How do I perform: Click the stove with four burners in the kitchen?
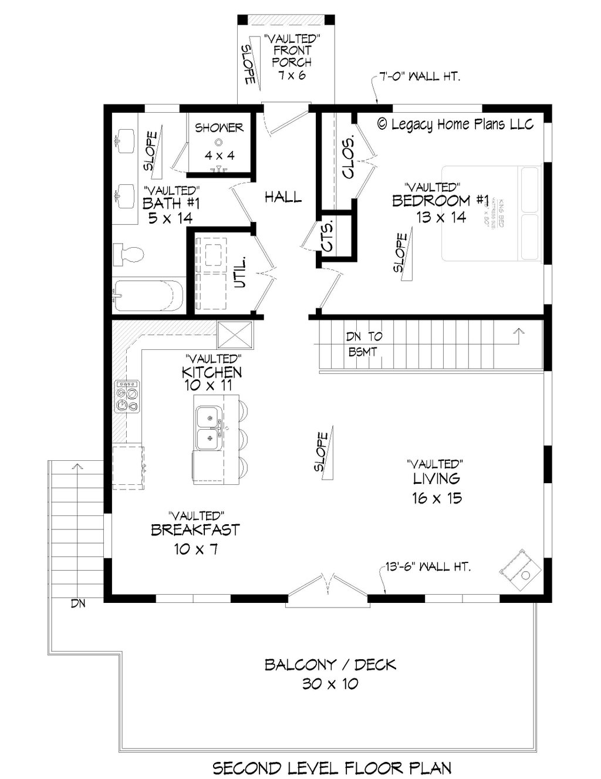tap(127, 396)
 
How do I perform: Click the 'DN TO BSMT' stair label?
tap(364, 344)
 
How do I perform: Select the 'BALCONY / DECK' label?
tap(330, 665)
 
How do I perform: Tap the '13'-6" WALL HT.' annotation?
tap(428, 567)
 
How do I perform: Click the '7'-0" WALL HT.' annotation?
tap(419, 76)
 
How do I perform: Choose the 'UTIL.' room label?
tap(240, 272)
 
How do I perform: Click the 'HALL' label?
tap(283, 197)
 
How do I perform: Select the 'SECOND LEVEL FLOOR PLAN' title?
tap(332, 767)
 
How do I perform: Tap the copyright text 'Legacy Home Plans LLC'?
tap(455, 124)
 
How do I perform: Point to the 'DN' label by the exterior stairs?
tap(78, 603)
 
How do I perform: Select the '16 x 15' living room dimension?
tap(437, 498)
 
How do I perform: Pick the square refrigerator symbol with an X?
tap(235, 336)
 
